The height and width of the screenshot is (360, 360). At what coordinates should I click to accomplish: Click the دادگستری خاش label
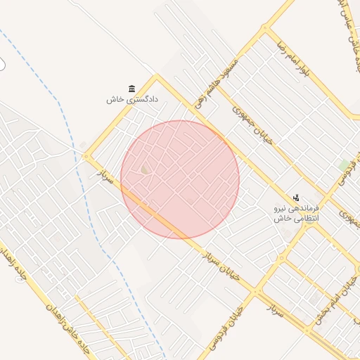click(x=132, y=99)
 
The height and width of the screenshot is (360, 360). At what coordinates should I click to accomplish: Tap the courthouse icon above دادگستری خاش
click(x=132, y=88)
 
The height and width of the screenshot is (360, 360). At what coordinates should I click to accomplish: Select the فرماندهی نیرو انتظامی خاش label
click(x=296, y=214)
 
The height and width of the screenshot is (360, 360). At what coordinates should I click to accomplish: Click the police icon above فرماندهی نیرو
click(x=296, y=198)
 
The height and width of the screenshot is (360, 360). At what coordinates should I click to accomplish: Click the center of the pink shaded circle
click(x=180, y=179)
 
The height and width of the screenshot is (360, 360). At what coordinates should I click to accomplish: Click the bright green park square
click(x=344, y=165)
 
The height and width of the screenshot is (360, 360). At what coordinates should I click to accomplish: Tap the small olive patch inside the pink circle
click(x=146, y=169)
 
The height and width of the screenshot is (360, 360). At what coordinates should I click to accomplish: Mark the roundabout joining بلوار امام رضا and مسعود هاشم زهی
click(x=266, y=29)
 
